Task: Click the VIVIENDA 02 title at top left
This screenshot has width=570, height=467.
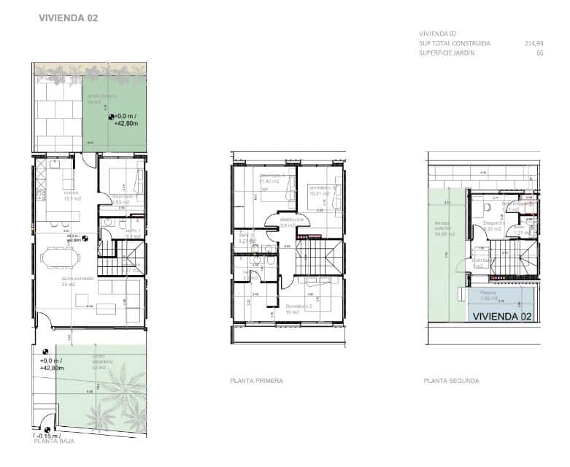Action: pyautogui.click(x=68, y=18)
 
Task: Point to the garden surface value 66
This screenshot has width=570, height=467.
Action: pyautogui.click(x=540, y=53)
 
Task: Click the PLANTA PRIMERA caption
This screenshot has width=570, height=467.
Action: pyautogui.click(x=256, y=381)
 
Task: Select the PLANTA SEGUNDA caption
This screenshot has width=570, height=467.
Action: pyautogui.click(x=452, y=381)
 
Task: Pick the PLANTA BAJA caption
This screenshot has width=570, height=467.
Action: pyautogui.click(x=53, y=441)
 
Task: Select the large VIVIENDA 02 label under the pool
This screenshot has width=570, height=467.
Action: pyautogui.click(x=501, y=316)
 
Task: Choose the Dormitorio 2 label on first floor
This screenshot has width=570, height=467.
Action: pyautogui.click(x=299, y=306)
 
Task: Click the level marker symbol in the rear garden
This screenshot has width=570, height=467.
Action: pyautogui.click(x=111, y=115)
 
